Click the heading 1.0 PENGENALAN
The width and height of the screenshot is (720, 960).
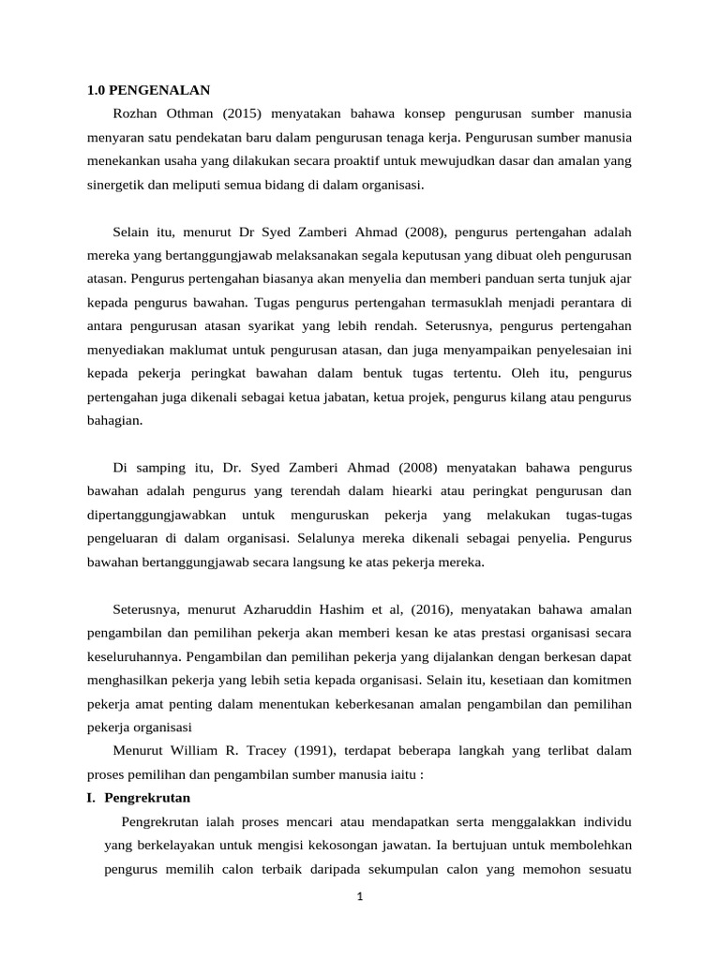click(x=149, y=91)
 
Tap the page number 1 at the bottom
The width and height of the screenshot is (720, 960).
click(x=359, y=897)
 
